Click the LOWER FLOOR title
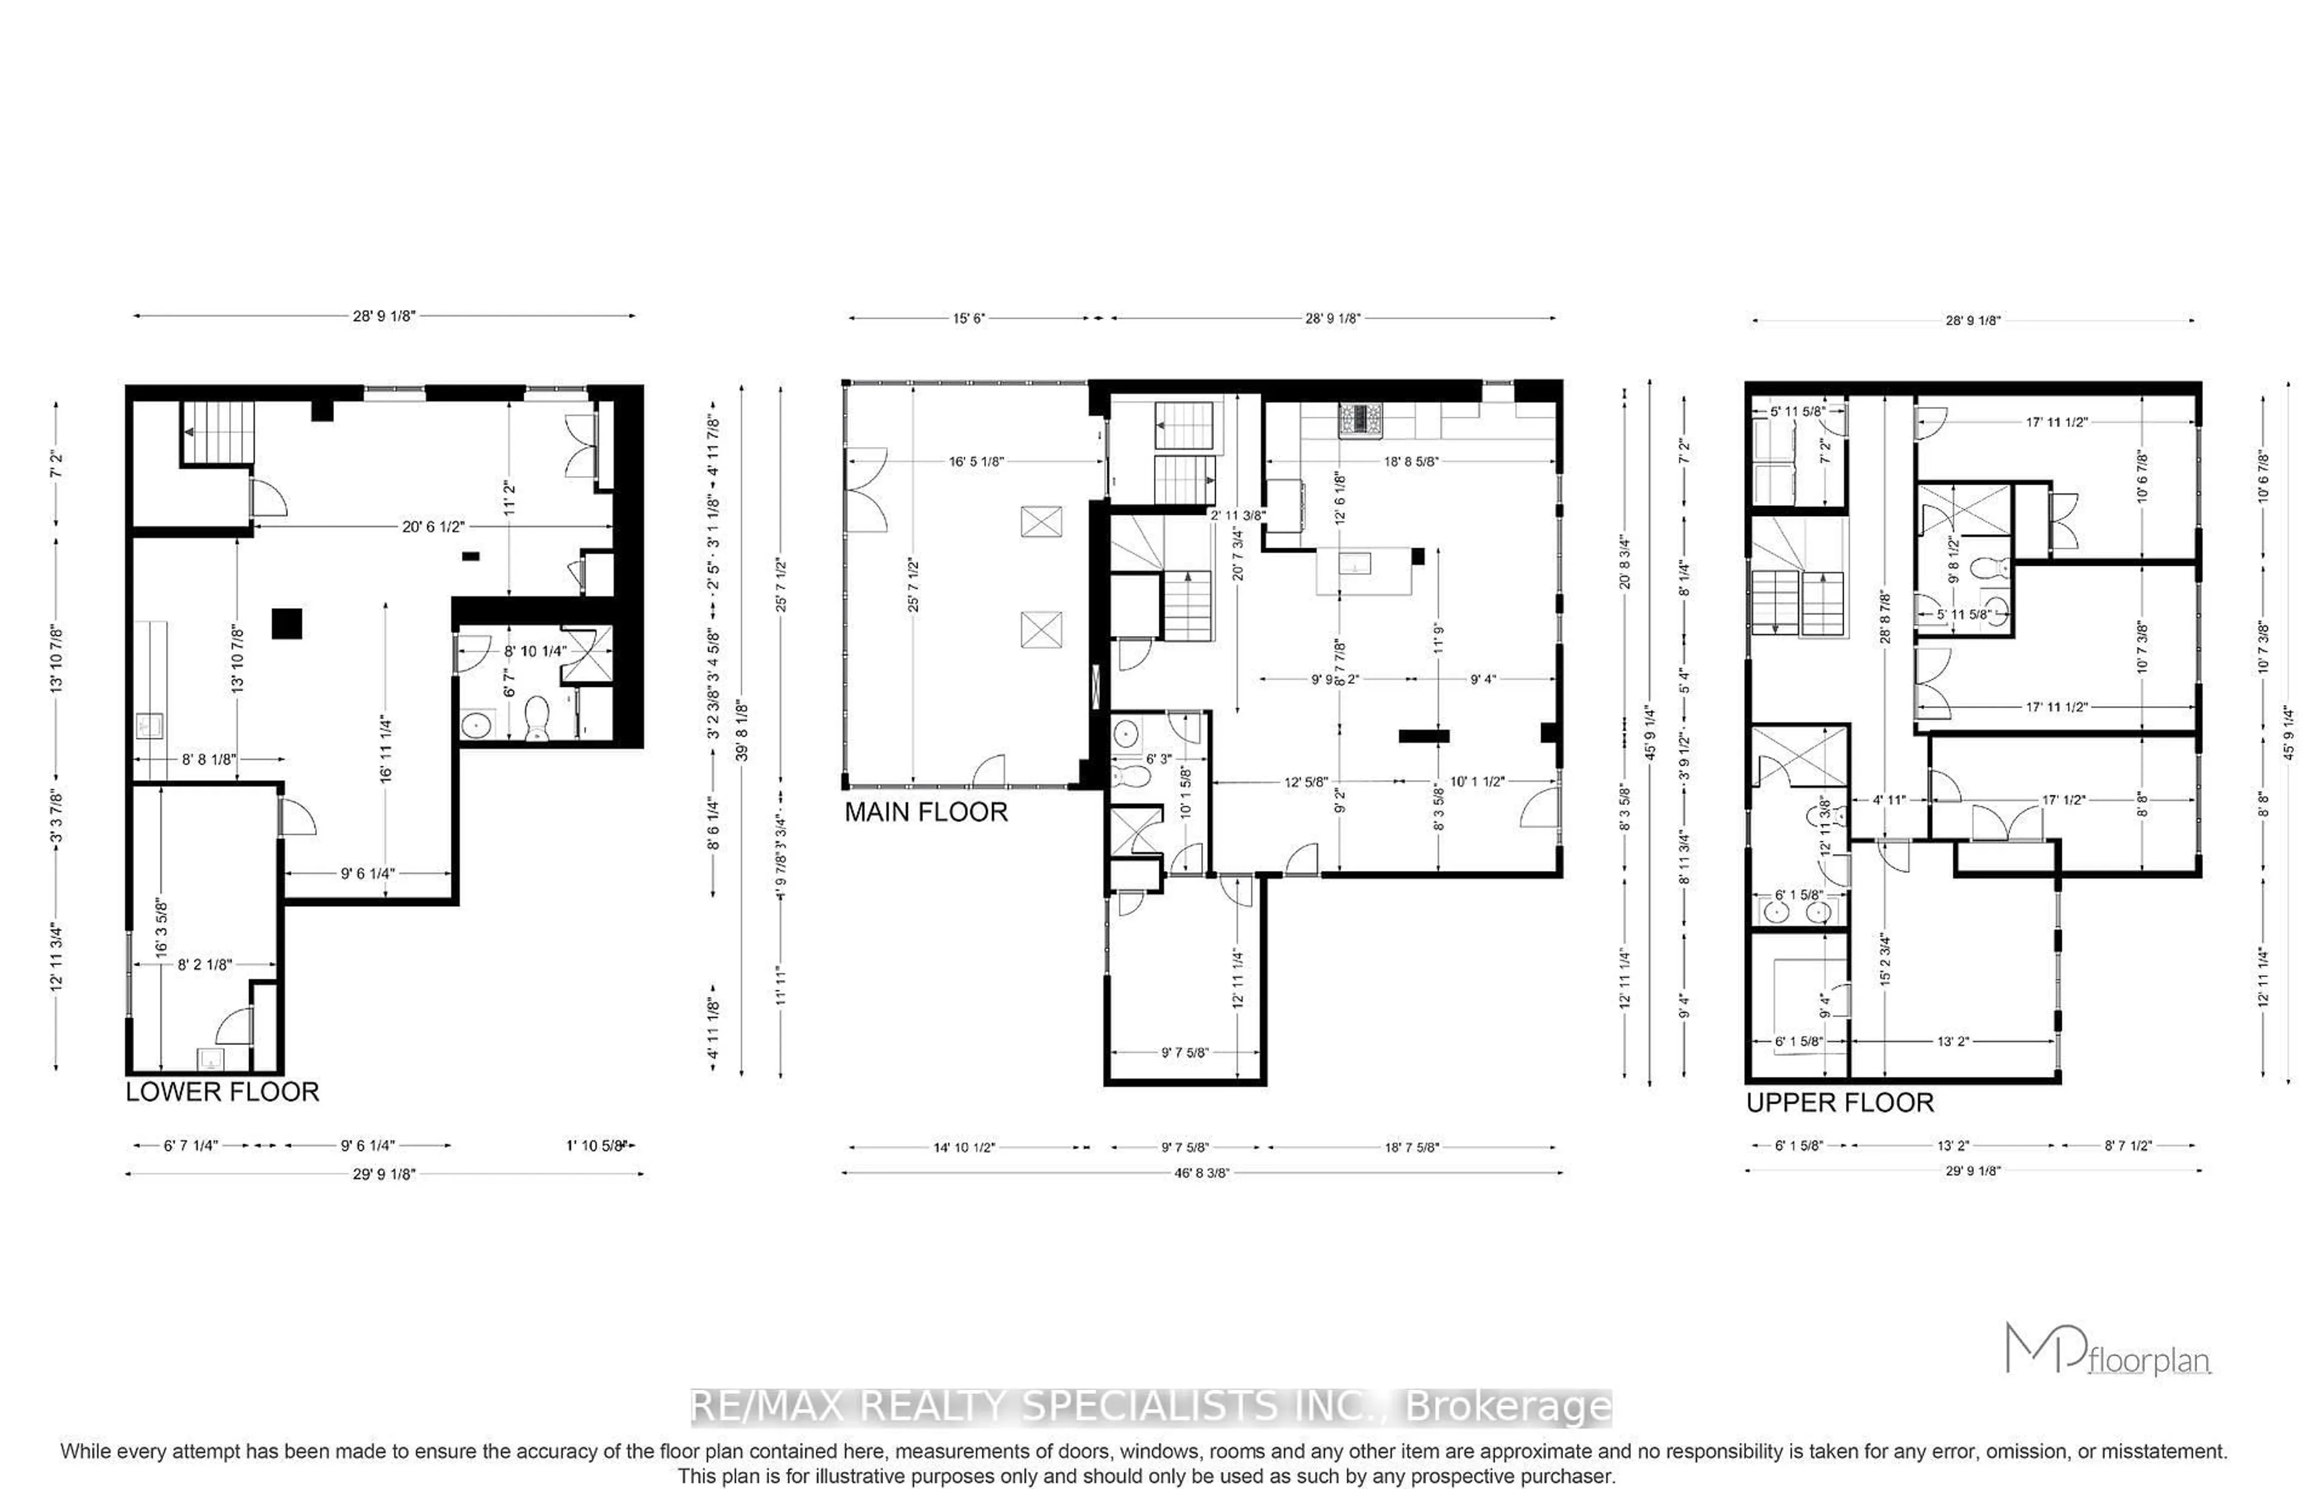[x=221, y=1092]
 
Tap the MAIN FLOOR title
[x=925, y=812]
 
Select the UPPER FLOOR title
[x=1839, y=1102]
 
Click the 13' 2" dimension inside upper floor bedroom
[x=1952, y=1041]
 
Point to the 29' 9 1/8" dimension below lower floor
[x=383, y=1174]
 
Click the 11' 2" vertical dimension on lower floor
[x=510, y=500]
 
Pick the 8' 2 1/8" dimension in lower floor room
[x=204, y=964]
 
